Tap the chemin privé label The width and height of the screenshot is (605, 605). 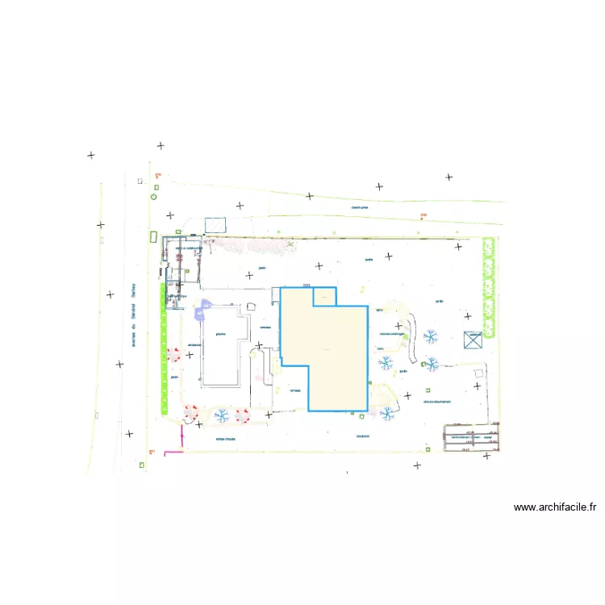click(360, 207)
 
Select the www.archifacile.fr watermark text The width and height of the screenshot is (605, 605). click(555, 507)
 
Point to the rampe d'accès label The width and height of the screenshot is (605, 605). click(225, 439)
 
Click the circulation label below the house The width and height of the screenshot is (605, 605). click(362, 436)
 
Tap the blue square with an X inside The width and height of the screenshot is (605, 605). click(473, 340)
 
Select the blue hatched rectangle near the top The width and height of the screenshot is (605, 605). click(215, 225)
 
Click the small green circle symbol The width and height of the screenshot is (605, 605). click(153, 196)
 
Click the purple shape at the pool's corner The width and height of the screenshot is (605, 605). click(204, 305)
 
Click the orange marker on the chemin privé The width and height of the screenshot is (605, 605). click(422, 215)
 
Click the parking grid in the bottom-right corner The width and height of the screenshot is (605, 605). click(471, 437)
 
